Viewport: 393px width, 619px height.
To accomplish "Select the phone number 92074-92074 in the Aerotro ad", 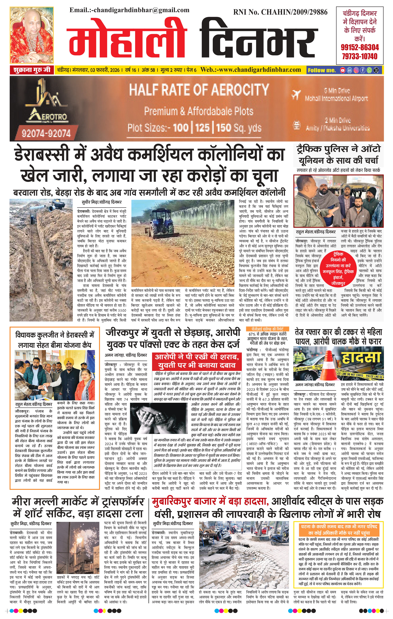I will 46,133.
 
